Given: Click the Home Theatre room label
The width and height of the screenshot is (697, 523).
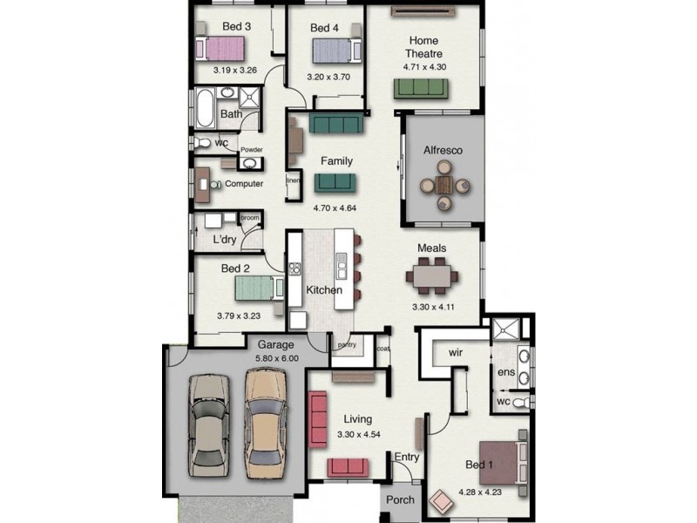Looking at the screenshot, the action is (423, 47).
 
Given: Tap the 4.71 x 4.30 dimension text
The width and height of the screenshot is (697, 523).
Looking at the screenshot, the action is (424, 67).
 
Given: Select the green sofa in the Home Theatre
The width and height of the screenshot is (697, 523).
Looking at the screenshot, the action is (421, 89).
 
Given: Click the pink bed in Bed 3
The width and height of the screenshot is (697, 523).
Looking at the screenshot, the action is (220, 49).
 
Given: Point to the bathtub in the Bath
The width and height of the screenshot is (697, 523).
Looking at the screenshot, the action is (205, 108).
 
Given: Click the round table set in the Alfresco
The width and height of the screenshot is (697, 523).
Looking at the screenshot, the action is (444, 185).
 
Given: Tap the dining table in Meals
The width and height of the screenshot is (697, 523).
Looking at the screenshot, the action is (431, 276).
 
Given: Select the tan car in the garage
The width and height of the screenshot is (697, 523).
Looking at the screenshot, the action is (266, 424).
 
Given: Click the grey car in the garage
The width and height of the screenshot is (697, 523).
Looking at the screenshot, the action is (209, 425).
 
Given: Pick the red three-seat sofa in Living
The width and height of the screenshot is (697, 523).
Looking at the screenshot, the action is (318, 419).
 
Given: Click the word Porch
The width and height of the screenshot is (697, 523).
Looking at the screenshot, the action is (400, 499).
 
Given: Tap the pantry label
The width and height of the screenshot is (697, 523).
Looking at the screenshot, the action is (347, 344).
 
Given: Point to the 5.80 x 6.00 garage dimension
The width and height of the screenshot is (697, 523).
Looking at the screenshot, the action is (277, 358).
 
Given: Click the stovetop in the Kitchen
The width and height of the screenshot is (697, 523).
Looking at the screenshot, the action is (294, 268).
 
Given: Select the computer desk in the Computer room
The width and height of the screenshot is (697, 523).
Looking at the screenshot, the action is (202, 185).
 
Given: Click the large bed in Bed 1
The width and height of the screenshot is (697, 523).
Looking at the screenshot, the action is (503, 463).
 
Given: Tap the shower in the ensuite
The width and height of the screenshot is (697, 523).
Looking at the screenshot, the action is (505, 329).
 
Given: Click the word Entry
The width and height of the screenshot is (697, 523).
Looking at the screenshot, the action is (407, 457).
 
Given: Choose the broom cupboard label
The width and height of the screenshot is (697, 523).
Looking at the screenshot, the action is (250, 218).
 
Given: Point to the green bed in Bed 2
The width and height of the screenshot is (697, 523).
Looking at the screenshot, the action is (259, 288).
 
